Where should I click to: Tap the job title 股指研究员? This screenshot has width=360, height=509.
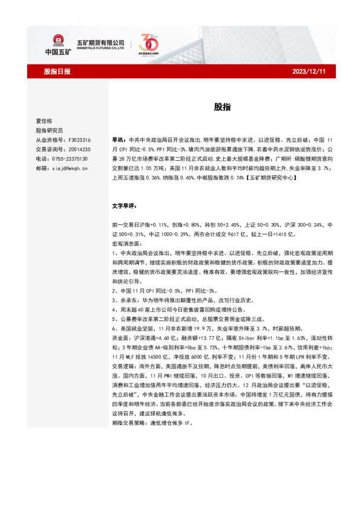(49, 130)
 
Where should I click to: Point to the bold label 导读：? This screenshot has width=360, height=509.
(119, 139)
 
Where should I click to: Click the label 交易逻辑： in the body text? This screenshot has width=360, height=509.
(125, 367)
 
